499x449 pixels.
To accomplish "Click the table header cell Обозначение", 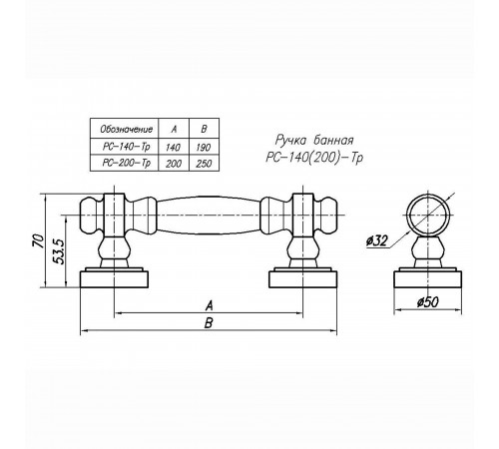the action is (127, 129).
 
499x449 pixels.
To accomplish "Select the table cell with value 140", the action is (173, 147).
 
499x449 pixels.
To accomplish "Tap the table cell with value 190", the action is (204, 147).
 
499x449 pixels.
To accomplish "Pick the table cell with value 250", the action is (204, 164).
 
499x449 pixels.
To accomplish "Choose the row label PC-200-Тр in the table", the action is (127, 163).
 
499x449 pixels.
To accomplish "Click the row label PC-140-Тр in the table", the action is (127, 147).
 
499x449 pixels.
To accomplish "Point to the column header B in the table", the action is (204, 129).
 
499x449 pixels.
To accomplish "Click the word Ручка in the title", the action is (291, 140).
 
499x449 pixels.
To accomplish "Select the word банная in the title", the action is (333, 140).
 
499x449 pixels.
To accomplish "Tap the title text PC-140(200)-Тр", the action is (314, 157).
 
